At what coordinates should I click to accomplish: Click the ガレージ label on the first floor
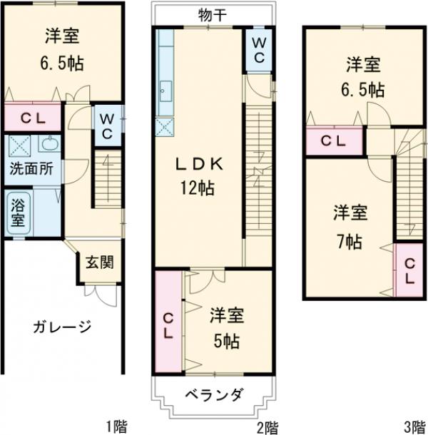(61, 327)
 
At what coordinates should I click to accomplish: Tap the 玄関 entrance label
(98, 262)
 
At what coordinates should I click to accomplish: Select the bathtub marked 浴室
(18, 212)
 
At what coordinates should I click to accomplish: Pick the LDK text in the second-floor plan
(198, 165)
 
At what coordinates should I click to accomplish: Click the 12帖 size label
(198, 189)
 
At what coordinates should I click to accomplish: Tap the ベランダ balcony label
(212, 395)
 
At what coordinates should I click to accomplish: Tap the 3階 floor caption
(413, 426)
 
